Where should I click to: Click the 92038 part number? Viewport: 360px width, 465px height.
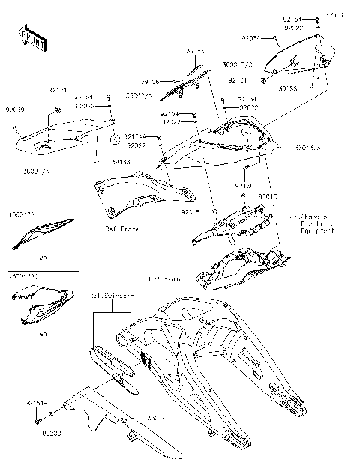pyautogui.click(x=251, y=37)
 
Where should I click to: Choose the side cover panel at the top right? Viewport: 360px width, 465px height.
pyautogui.click(x=304, y=56)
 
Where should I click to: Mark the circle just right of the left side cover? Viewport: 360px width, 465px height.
pyautogui.click(x=115, y=139)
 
